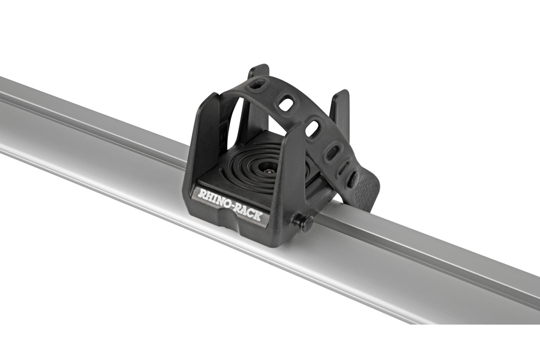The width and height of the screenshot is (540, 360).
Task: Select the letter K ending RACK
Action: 259,216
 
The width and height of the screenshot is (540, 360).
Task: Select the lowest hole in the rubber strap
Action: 353,179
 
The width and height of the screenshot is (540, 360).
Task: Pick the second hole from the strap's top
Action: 286,104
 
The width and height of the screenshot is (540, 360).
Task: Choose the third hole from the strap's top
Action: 312,128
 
